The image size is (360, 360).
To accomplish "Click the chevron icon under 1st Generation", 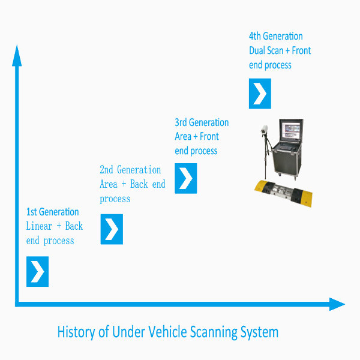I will click(x=37, y=272).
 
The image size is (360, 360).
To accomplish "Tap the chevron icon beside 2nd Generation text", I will click(x=112, y=229).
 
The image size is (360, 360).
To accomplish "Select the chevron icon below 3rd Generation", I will click(x=186, y=178).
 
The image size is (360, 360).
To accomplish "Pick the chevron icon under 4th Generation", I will click(x=260, y=94).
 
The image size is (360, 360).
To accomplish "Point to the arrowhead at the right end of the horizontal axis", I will click(x=337, y=304).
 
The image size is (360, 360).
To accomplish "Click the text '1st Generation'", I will click(x=52, y=212).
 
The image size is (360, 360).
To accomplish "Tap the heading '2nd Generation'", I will click(x=130, y=170).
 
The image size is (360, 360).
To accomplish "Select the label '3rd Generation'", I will click(x=202, y=123).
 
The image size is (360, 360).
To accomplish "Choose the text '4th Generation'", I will click(x=276, y=36).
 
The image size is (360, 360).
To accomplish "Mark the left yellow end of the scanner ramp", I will click(x=262, y=186).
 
